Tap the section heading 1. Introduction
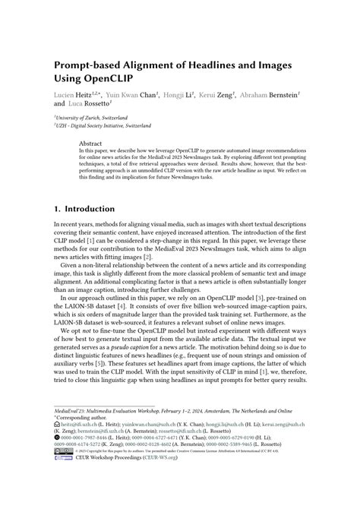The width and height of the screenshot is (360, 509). pyautogui.click(x=83, y=208)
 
